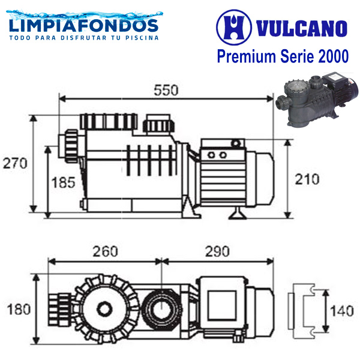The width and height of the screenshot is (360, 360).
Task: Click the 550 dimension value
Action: [166, 90]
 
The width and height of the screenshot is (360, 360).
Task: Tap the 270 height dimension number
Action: [15, 163]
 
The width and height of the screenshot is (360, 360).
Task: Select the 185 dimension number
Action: [64, 183]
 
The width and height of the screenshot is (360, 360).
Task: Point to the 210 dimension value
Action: [307, 179]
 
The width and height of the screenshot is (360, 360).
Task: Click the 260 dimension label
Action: [105, 251]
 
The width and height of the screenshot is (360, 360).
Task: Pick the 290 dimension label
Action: [217, 251]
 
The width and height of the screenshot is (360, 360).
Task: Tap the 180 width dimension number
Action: [19, 309]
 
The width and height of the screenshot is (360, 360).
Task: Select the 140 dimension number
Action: [342, 311]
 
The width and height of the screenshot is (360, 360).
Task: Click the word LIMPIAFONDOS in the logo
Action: [84, 26]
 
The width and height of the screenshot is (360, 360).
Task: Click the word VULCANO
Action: [301, 28]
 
